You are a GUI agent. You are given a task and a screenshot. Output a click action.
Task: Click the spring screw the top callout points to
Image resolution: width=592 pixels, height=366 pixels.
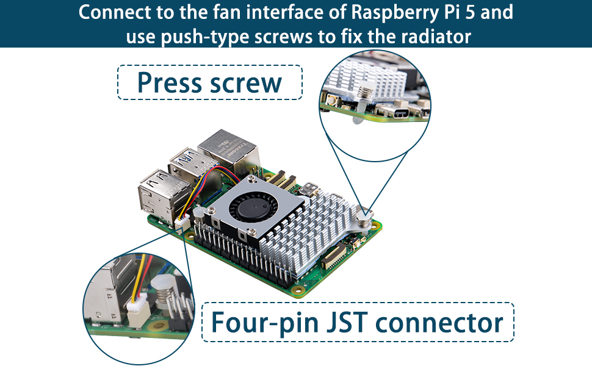pos(366,216)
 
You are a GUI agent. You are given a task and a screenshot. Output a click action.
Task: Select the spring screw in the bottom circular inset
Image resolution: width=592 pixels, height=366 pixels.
pos(164,293)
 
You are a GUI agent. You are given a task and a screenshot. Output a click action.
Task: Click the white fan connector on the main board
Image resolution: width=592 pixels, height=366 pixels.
pos(182,223)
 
